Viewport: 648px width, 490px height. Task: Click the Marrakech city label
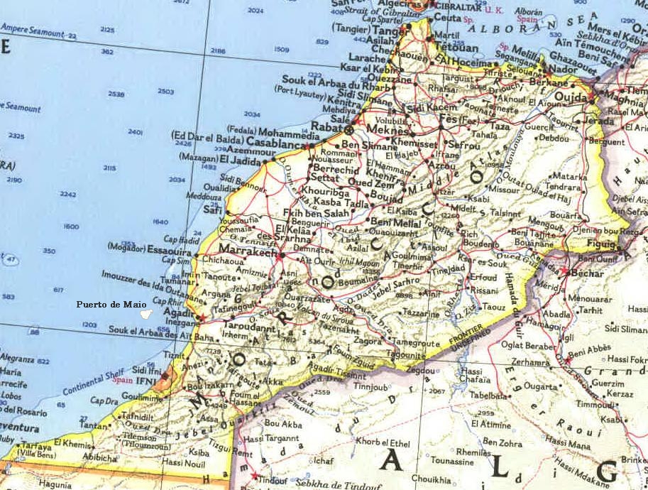(x=248, y=251)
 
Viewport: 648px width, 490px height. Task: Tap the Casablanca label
(x=276, y=143)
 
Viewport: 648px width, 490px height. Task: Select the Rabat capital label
(x=327, y=128)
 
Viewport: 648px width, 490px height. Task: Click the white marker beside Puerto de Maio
(x=145, y=311)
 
